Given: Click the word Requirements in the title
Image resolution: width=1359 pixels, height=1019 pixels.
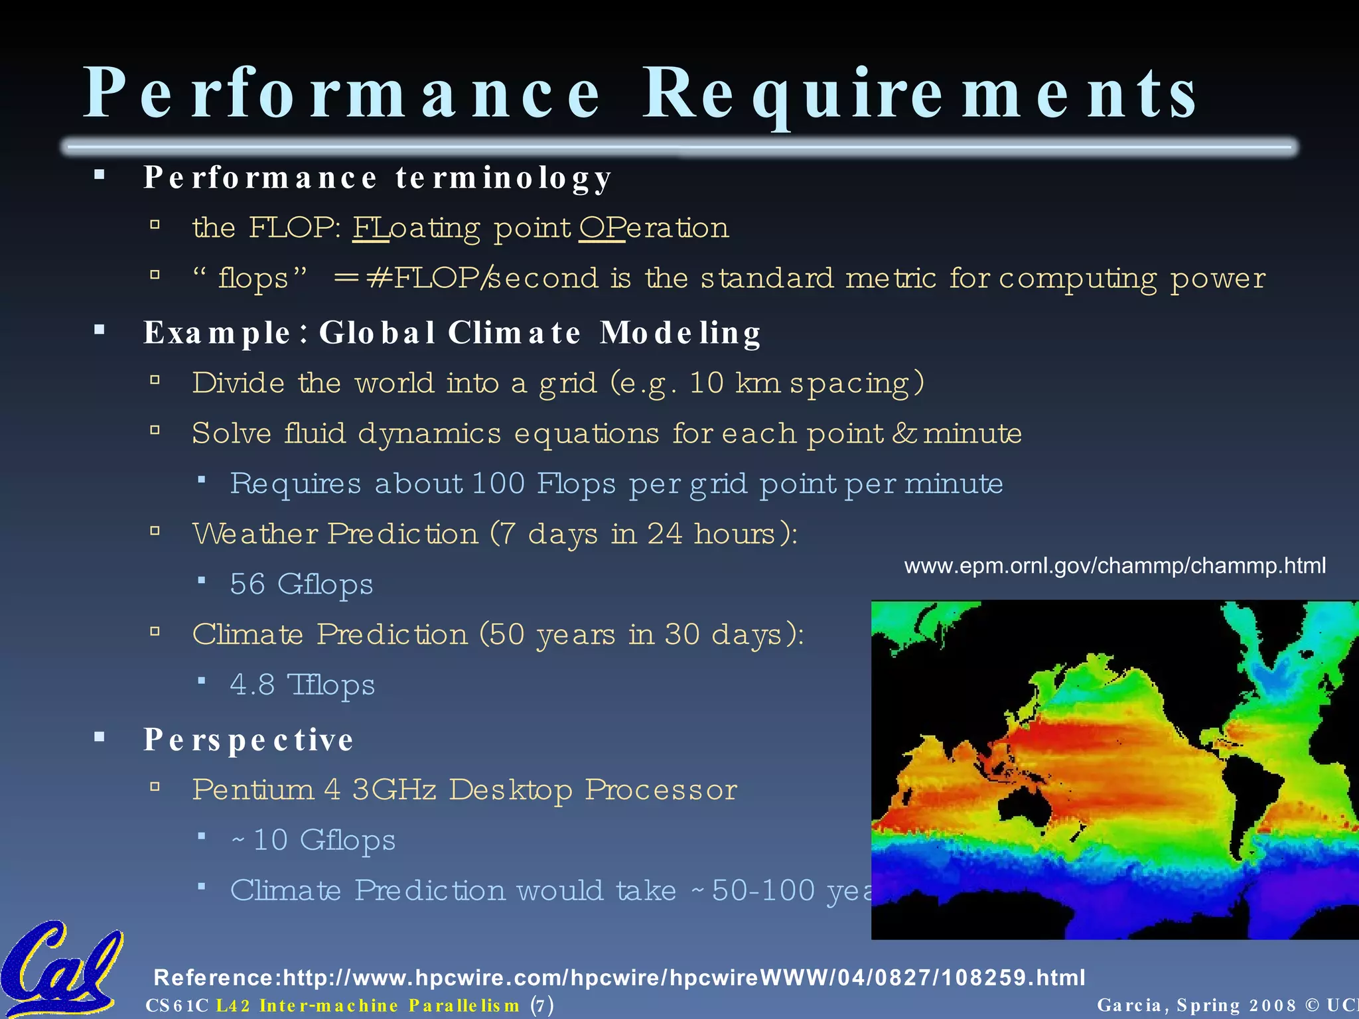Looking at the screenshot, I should point(919,94).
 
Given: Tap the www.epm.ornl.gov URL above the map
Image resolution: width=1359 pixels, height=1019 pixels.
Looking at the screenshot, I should point(1115,566).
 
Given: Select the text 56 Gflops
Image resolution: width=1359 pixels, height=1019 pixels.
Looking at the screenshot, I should point(301,584).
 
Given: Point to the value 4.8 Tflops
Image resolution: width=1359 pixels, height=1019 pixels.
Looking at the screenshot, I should point(302,685).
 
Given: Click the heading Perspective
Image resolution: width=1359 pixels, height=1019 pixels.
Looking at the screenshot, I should point(248,740).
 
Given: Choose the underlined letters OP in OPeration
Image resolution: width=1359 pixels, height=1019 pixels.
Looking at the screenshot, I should point(601,228).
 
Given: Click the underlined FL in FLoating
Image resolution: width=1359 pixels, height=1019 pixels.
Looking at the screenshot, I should point(370,228).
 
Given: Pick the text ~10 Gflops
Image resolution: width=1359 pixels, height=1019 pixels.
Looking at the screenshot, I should point(313,841).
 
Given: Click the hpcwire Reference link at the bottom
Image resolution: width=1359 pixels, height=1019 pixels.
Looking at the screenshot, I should point(618,977).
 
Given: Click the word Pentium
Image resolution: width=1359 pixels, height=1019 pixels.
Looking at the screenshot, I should point(253,790).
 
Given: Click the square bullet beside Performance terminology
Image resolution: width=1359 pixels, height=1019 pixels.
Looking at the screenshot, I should point(100,176).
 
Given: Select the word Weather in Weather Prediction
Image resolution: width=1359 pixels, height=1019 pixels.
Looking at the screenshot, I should point(255,534).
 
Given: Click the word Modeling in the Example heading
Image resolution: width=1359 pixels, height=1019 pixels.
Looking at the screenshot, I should point(680,333).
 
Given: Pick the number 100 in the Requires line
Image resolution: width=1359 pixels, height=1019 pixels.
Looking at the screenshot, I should point(498,484).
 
